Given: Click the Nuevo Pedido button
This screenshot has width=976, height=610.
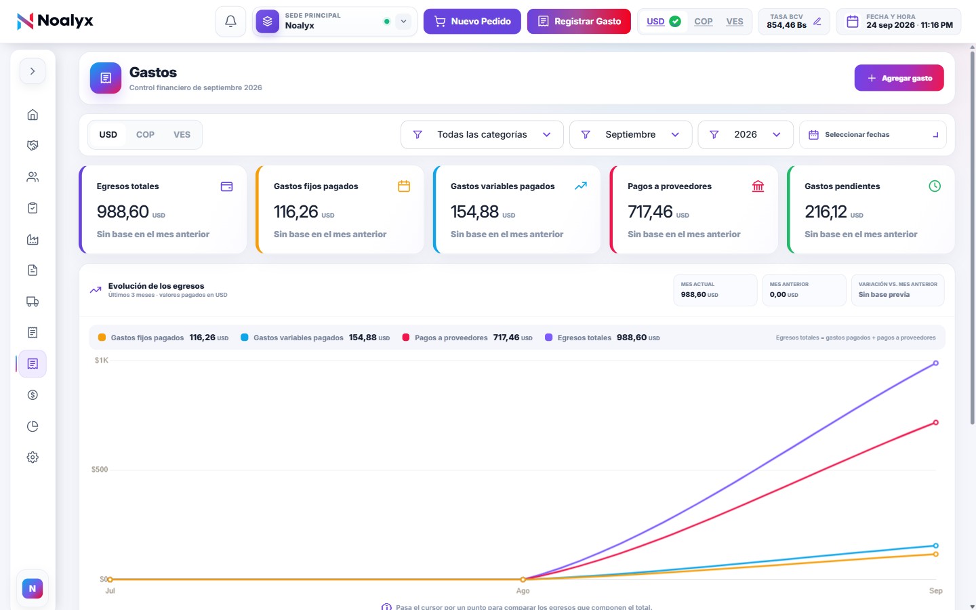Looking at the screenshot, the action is [472, 22].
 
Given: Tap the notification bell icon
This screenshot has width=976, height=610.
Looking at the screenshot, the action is [230, 22].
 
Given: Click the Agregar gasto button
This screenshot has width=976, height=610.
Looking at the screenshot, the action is [899, 78].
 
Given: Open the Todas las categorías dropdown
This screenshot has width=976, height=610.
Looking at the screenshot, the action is [482, 135].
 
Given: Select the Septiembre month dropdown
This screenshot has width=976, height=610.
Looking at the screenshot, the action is [630, 135].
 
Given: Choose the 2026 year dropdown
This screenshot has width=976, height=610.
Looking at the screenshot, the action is [746, 135].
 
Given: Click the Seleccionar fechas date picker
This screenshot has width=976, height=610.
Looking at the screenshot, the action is [873, 135].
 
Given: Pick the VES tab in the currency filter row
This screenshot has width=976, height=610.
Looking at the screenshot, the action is [182, 135].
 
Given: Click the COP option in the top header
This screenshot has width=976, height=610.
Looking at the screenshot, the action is [704, 22].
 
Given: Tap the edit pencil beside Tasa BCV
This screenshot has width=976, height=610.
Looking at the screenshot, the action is [817, 22].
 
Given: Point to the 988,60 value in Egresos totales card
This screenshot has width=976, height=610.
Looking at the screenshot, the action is [123, 211].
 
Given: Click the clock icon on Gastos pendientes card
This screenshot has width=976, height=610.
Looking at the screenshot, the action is [935, 186].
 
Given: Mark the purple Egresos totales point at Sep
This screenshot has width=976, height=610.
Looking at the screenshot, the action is [935, 363].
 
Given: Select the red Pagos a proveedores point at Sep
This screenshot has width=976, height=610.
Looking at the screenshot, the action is [935, 423].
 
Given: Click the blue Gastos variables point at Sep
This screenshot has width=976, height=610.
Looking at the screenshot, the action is [935, 546].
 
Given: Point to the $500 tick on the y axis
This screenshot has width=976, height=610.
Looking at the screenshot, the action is [100, 470].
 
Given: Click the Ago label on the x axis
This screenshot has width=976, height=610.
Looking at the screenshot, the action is [523, 591].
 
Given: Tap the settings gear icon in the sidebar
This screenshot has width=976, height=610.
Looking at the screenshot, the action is [33, 457].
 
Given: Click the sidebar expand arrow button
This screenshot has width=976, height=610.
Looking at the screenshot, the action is [33, 71].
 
